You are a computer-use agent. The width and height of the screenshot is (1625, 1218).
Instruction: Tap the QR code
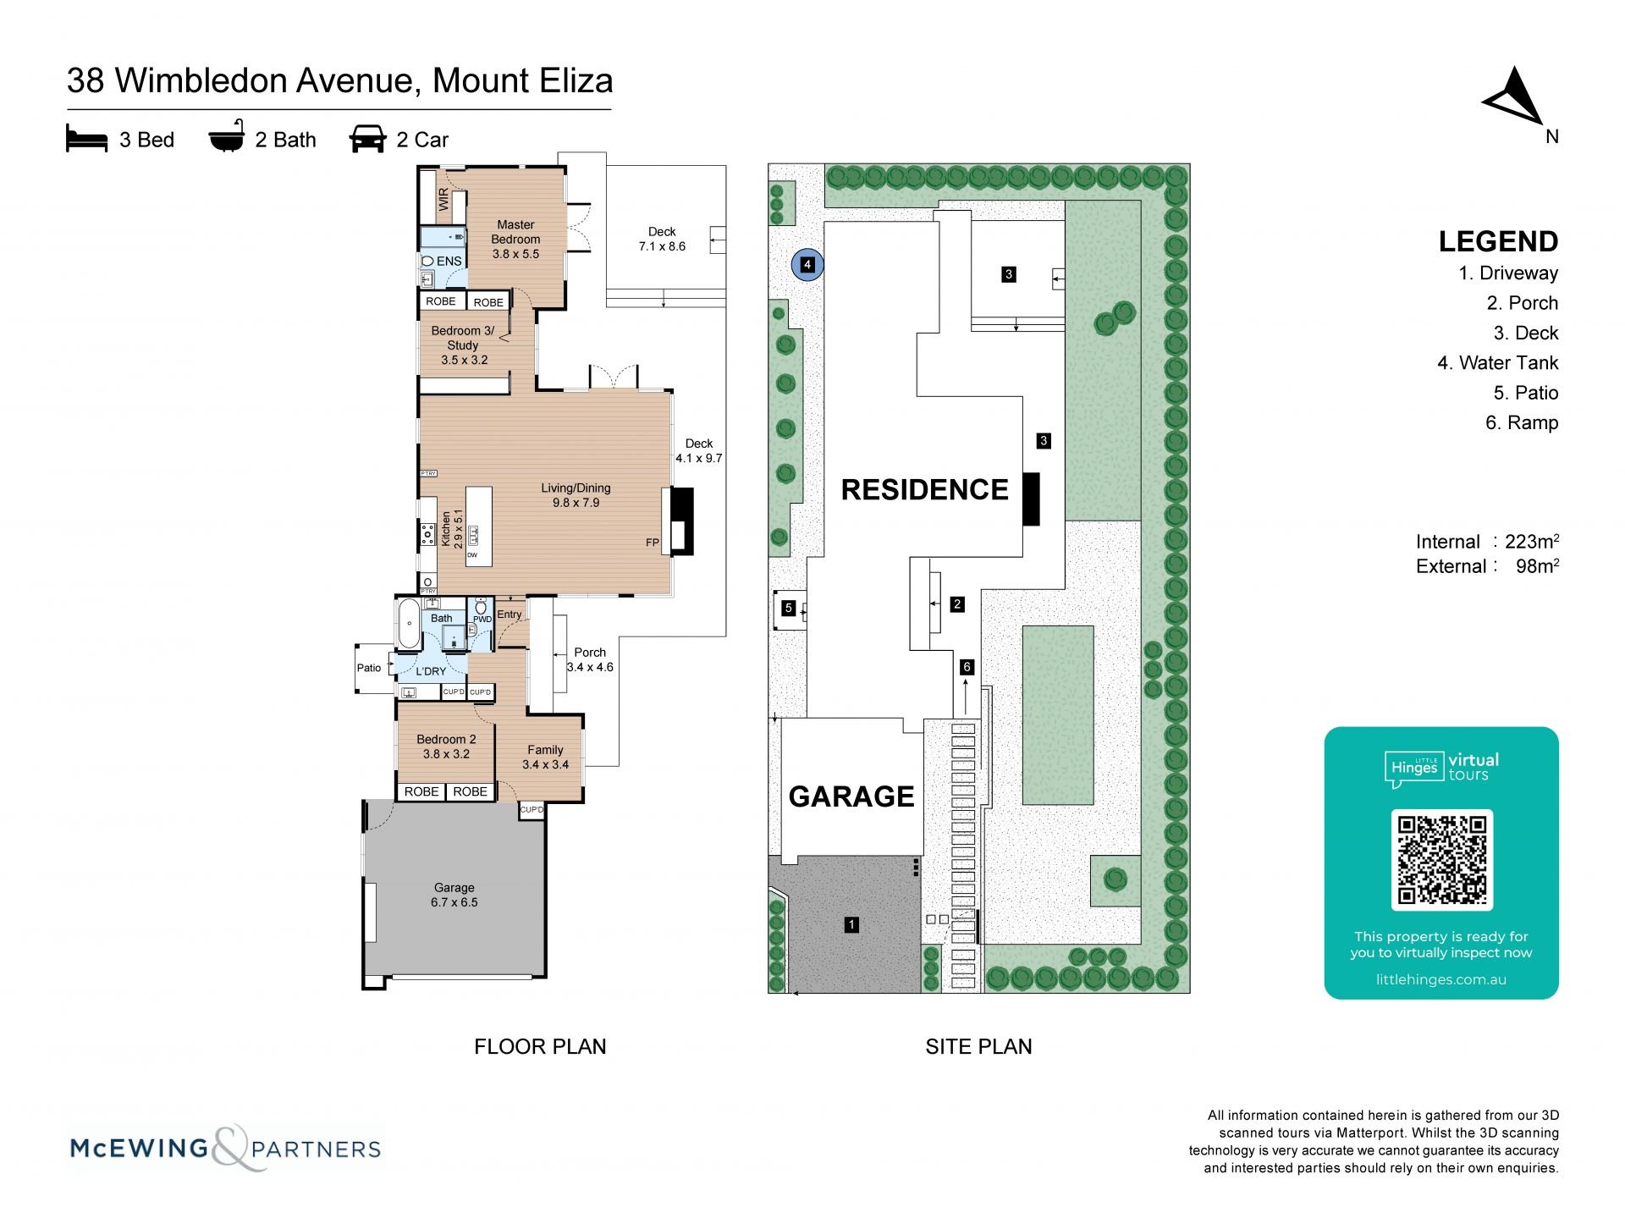click(1441, 859)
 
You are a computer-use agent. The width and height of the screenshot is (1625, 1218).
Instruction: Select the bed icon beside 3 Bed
click(87, 139)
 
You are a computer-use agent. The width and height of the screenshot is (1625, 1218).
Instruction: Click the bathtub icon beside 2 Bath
click(227, 137)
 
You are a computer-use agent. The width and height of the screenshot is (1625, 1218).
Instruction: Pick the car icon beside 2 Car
click(367, 139)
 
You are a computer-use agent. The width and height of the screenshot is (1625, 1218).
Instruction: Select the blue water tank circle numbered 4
click(807, 265)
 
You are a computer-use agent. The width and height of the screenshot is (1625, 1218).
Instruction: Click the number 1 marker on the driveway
click(851, 924)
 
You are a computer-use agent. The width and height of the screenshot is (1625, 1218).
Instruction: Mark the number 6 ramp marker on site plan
click(967, 667)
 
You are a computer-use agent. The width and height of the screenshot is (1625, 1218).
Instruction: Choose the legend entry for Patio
click(1526, 393)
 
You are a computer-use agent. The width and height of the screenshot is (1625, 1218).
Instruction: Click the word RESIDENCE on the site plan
click(924, 489)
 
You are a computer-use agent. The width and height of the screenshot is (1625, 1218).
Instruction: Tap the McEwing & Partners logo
click(225, 1149)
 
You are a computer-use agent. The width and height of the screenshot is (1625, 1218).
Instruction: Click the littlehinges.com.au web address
click(1440, 979)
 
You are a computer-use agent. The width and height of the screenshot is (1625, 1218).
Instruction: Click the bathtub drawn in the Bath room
click(408, 625)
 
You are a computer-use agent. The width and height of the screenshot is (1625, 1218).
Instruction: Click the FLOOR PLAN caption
click(540, 1047)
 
